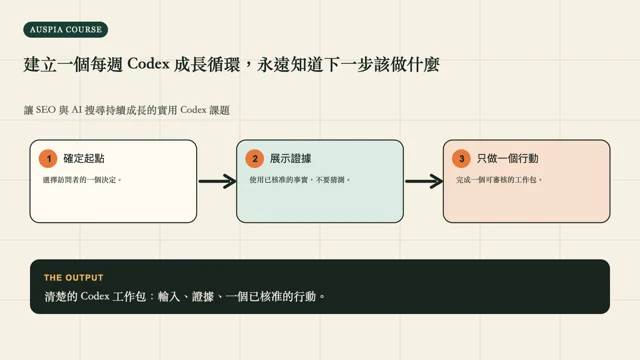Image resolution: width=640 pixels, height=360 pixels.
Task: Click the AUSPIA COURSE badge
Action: [66, 30]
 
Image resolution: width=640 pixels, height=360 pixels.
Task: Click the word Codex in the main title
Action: [148, 64]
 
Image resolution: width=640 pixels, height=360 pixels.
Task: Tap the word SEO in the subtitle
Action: [45, 110]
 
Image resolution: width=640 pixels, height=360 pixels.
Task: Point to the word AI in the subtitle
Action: [76, 110]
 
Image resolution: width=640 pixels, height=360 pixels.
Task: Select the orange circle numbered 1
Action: [48, 159]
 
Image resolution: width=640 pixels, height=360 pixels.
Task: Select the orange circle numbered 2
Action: [255, 159]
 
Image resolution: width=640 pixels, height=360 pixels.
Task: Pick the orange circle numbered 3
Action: [461, 159]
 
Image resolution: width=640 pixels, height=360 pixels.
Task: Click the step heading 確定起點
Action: [84, 158]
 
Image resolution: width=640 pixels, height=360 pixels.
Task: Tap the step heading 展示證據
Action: [291, 158]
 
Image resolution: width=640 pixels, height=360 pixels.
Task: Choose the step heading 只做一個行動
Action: [508, 158]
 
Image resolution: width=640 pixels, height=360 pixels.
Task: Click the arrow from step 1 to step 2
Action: [218, 181]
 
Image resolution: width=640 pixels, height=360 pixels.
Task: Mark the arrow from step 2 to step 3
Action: [424, 181]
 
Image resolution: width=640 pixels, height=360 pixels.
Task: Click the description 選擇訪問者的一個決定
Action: [82, 180]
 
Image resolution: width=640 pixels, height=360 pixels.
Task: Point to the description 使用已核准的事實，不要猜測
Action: [300, 180]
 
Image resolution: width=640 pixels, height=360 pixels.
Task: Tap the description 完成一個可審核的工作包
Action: [499, 180]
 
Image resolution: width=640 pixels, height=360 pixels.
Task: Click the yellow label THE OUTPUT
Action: [73, 278]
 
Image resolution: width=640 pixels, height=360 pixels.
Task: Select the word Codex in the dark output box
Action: [95, 296]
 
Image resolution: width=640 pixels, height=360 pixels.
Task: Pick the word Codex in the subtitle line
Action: [193, 110]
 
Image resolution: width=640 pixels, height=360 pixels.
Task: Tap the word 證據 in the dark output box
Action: [203, 296]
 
